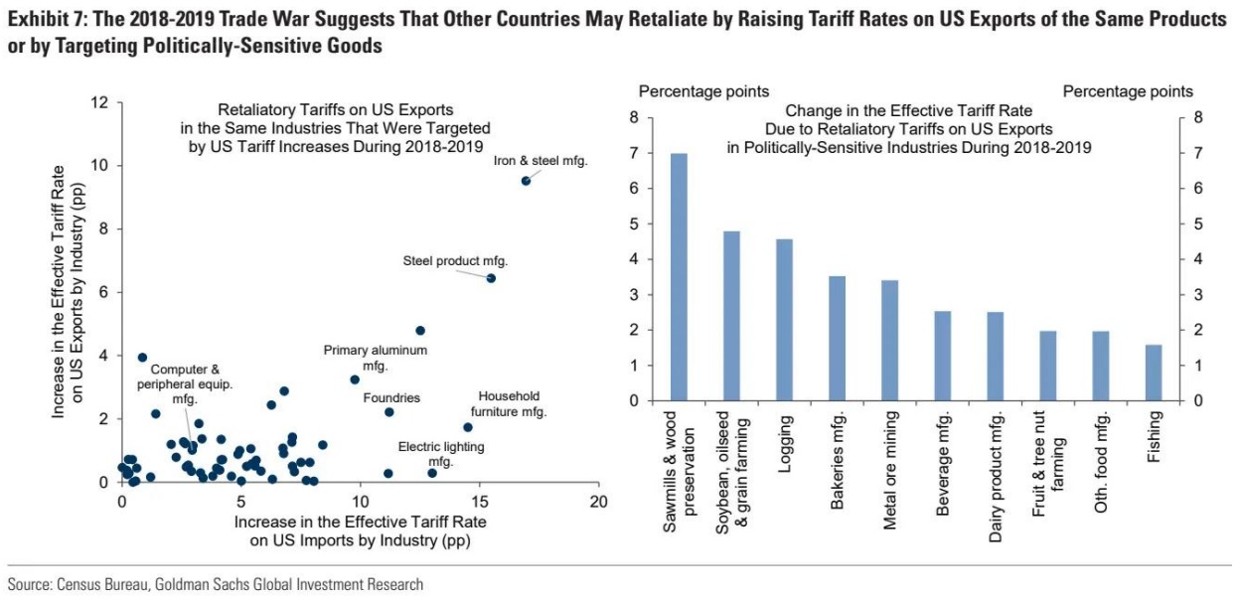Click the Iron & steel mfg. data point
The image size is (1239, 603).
(x=526, y=181)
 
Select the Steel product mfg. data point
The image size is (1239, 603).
(x=491, y=278)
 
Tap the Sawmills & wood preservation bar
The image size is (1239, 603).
(x=680, y=277)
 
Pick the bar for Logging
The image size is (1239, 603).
(x=784, y=320)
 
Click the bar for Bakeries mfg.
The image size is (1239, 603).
(x=837, y=339)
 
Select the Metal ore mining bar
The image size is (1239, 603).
(x=890, y=341)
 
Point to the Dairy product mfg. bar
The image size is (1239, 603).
(x=996, y=357)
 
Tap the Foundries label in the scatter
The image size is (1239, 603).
(x=391, y=398)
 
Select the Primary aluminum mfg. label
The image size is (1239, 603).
(x=375, y=358)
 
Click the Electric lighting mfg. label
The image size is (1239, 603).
(x=441, y=454)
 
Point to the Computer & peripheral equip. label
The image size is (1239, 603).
(x=185, y=383)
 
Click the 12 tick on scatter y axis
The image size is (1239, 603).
(x=100, y=102)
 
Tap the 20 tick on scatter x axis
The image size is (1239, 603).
(x=598, y=502)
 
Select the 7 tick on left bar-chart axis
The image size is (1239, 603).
(x=633, y=153)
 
